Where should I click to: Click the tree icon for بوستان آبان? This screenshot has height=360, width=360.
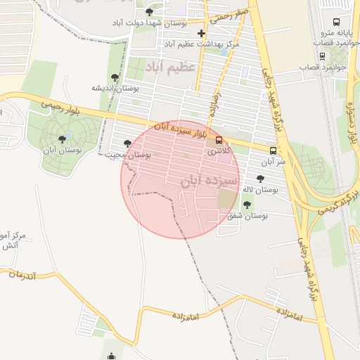[x=63, y=139]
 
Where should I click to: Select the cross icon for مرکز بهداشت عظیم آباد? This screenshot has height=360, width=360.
[x=202, y=33]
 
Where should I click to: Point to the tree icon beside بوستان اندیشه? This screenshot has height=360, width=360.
[x=115, y=77]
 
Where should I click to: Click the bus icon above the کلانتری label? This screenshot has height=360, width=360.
[x=219, y=140]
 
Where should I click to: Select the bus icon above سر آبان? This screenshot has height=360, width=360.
[x=273, y=150]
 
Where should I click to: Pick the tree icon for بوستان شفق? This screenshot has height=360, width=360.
[x=247, y=205]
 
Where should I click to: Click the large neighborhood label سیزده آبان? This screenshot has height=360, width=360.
[x=210, y=181]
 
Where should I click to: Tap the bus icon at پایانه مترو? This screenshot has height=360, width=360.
[x=334, y=21]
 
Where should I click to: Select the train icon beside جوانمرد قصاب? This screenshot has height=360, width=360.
[x=322, y=67]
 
